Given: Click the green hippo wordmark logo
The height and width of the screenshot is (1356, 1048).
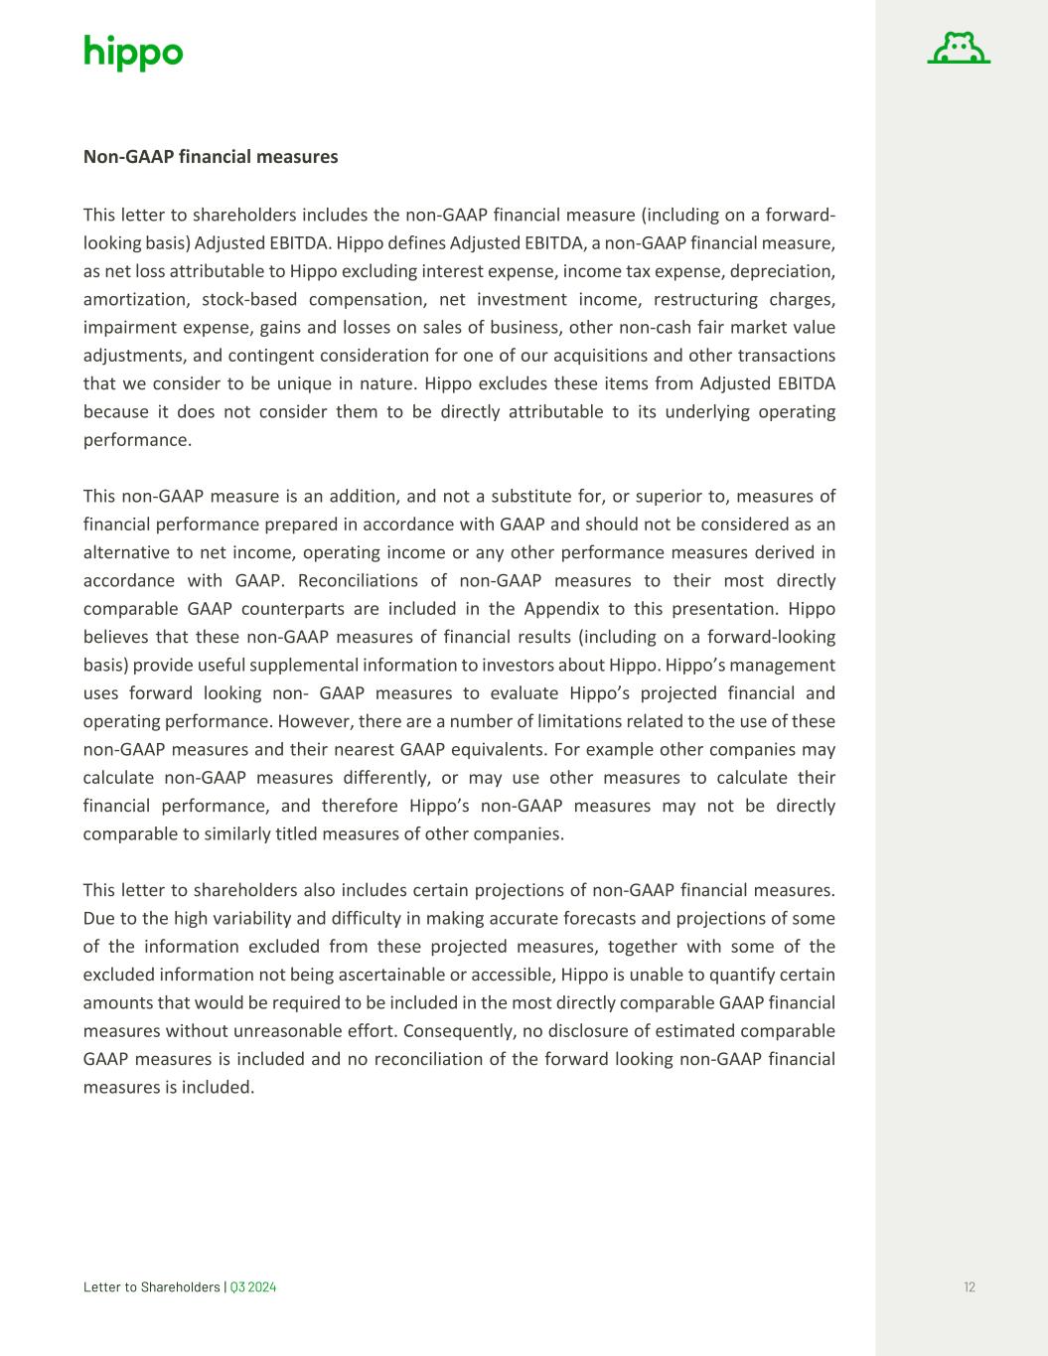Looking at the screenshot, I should click(x=133, y=52).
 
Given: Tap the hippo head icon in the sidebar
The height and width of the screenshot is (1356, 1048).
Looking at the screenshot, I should click(x=959, y=49).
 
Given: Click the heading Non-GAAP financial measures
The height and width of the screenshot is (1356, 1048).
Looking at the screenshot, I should click(x=211, y=157).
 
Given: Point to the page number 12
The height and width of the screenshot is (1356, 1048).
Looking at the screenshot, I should click(x=969, y=1287).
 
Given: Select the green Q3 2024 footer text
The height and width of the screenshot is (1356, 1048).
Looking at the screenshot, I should click(x=253, y=1287).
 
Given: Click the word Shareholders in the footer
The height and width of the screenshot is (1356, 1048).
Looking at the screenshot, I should click(x=181, y=1287).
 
